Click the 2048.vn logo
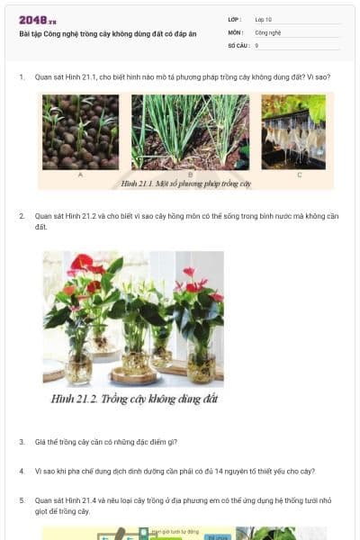click(x=38, y=20)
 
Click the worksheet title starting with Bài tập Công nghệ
click(x=107, y=33)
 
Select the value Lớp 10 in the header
click(x=264, y=19)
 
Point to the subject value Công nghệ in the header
click(x=268, y=31)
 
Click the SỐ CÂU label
click(x=237, y=44)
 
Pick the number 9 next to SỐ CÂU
click(x=256, y=44)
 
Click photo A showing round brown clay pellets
click(x=80, y=131)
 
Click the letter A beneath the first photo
click(x=80, y=174)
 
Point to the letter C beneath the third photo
click(x=299, y=174)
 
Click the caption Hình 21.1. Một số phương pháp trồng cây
click(x=185, y=184)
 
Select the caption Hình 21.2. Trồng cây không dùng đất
click(x=134, y=398)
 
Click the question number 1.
click(x=22, y=77)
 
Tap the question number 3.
click(x=22, y=442)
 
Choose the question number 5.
click(x=22, y=499)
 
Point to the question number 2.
click(x=22, y=217)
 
